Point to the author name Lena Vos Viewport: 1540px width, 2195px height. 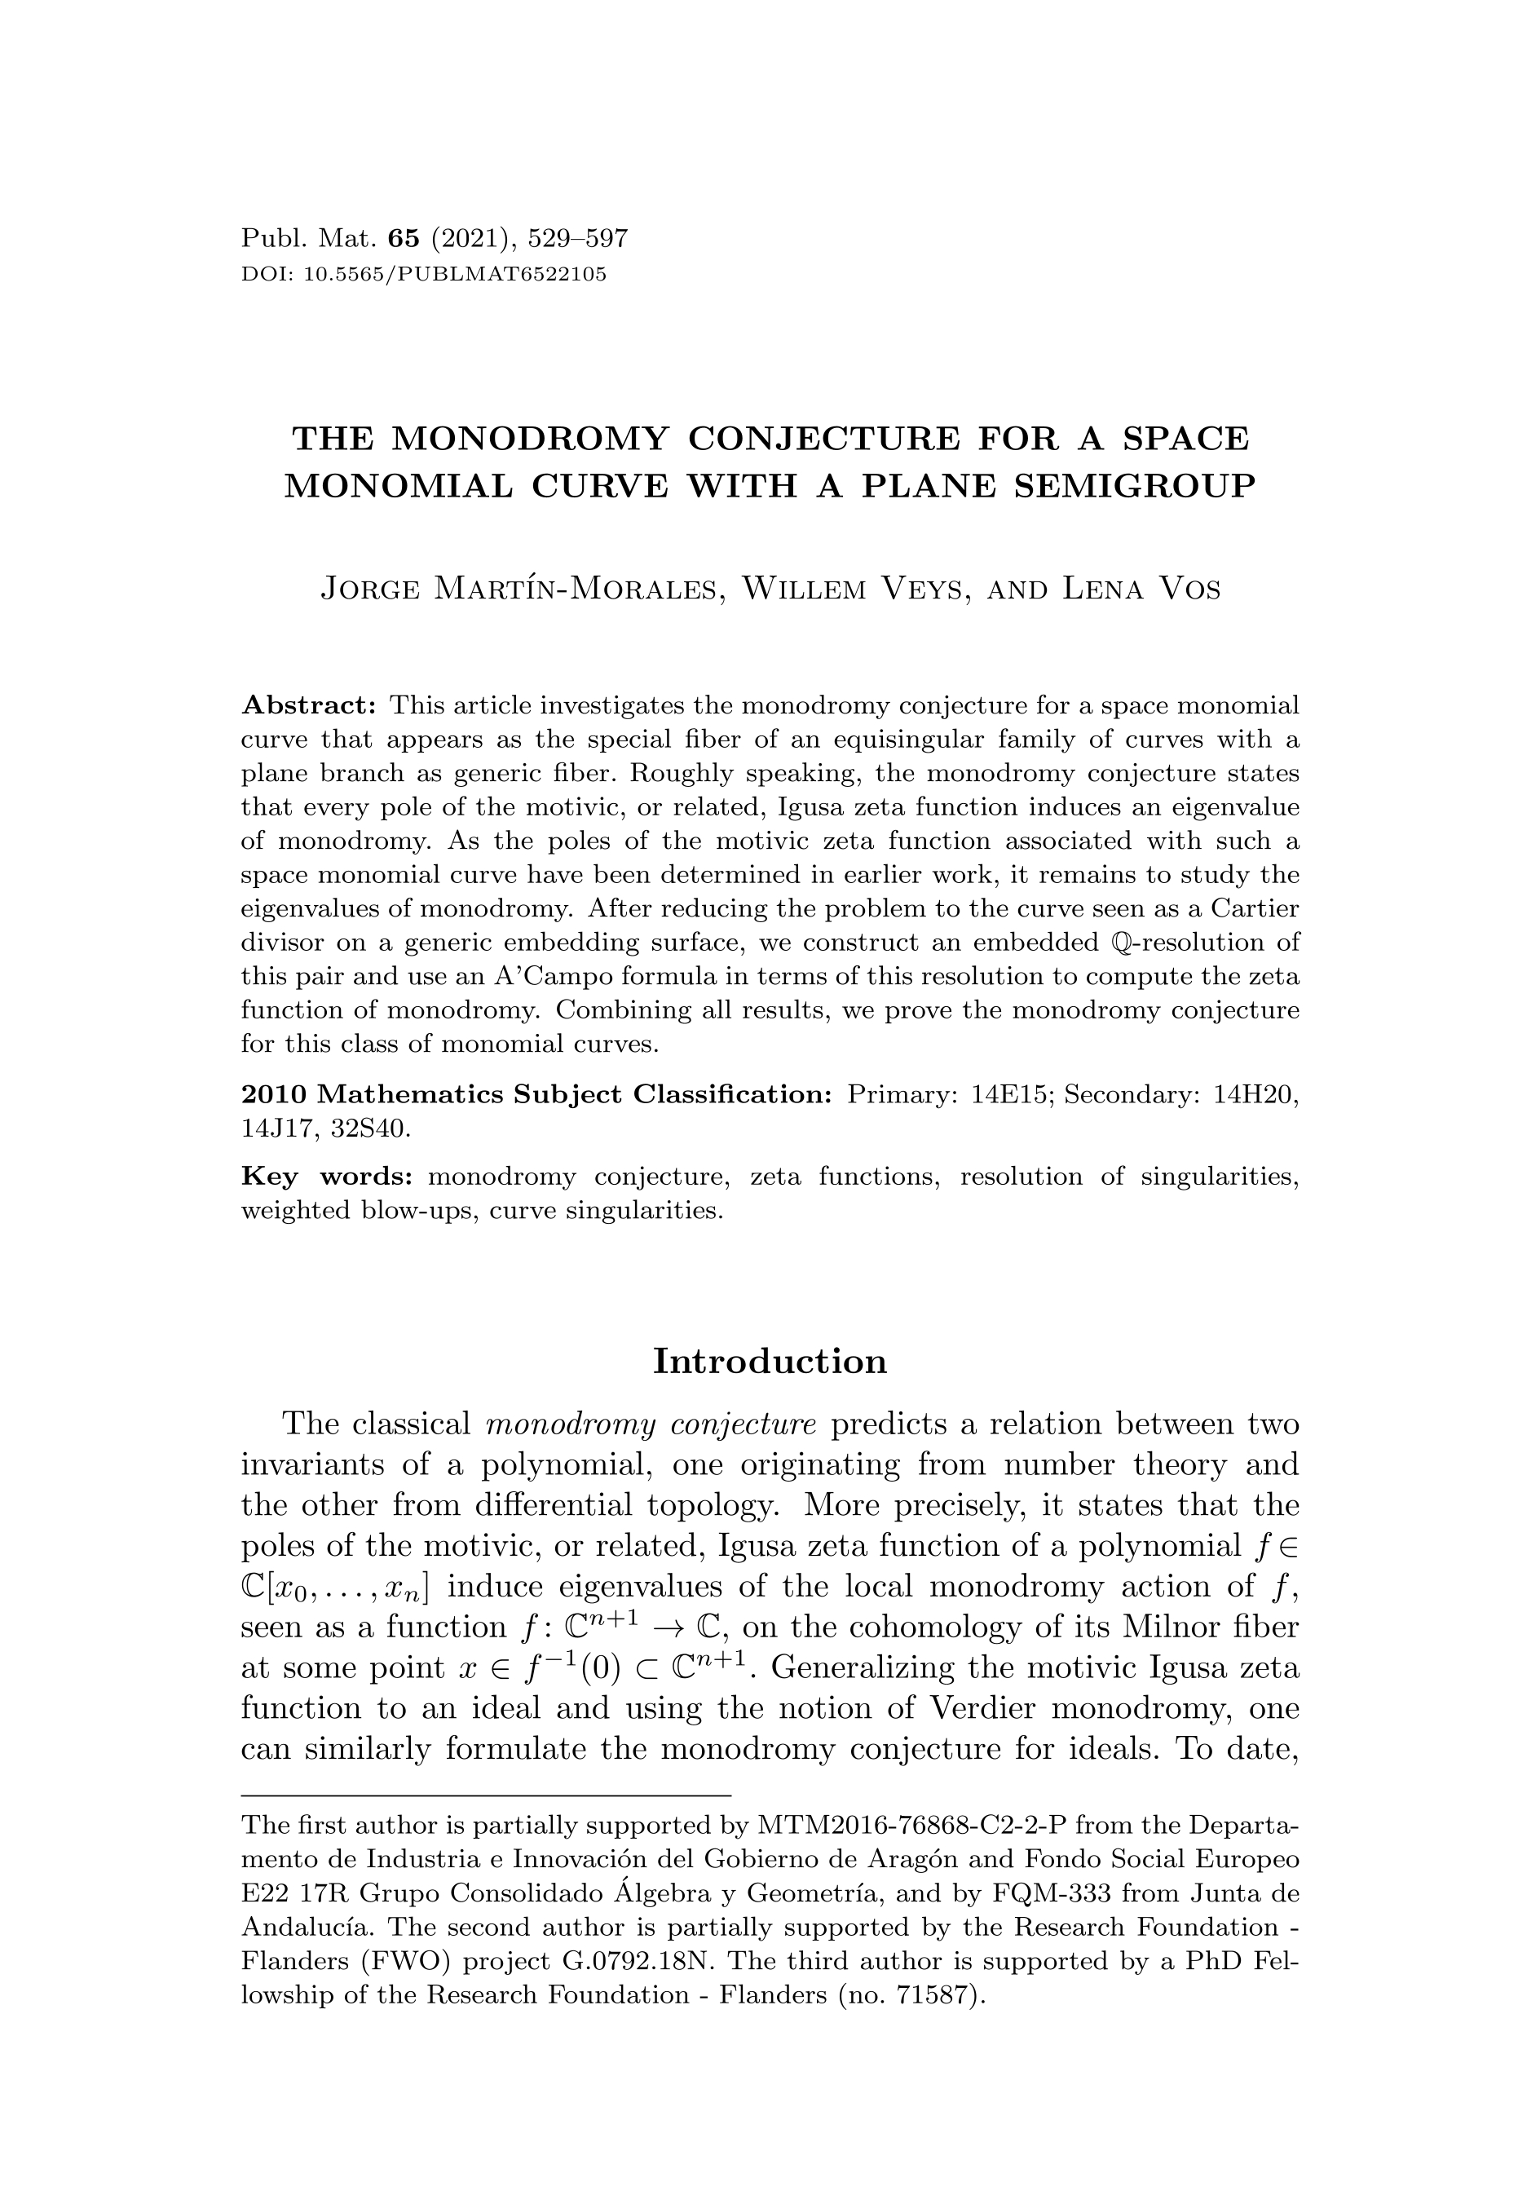click(x=1141, y=588)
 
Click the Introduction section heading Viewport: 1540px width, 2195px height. click(x=770, y=1362)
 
